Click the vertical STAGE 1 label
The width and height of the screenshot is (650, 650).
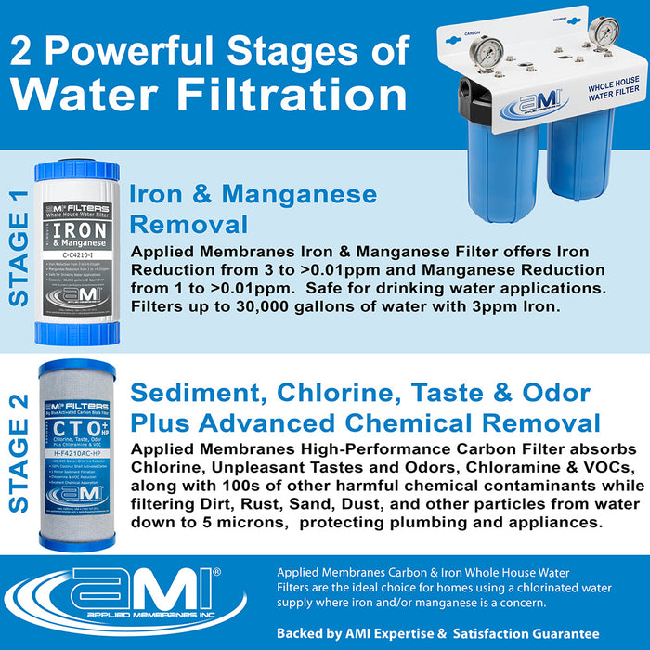click(19, 246)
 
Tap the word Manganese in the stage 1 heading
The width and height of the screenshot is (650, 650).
click(300, 194)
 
